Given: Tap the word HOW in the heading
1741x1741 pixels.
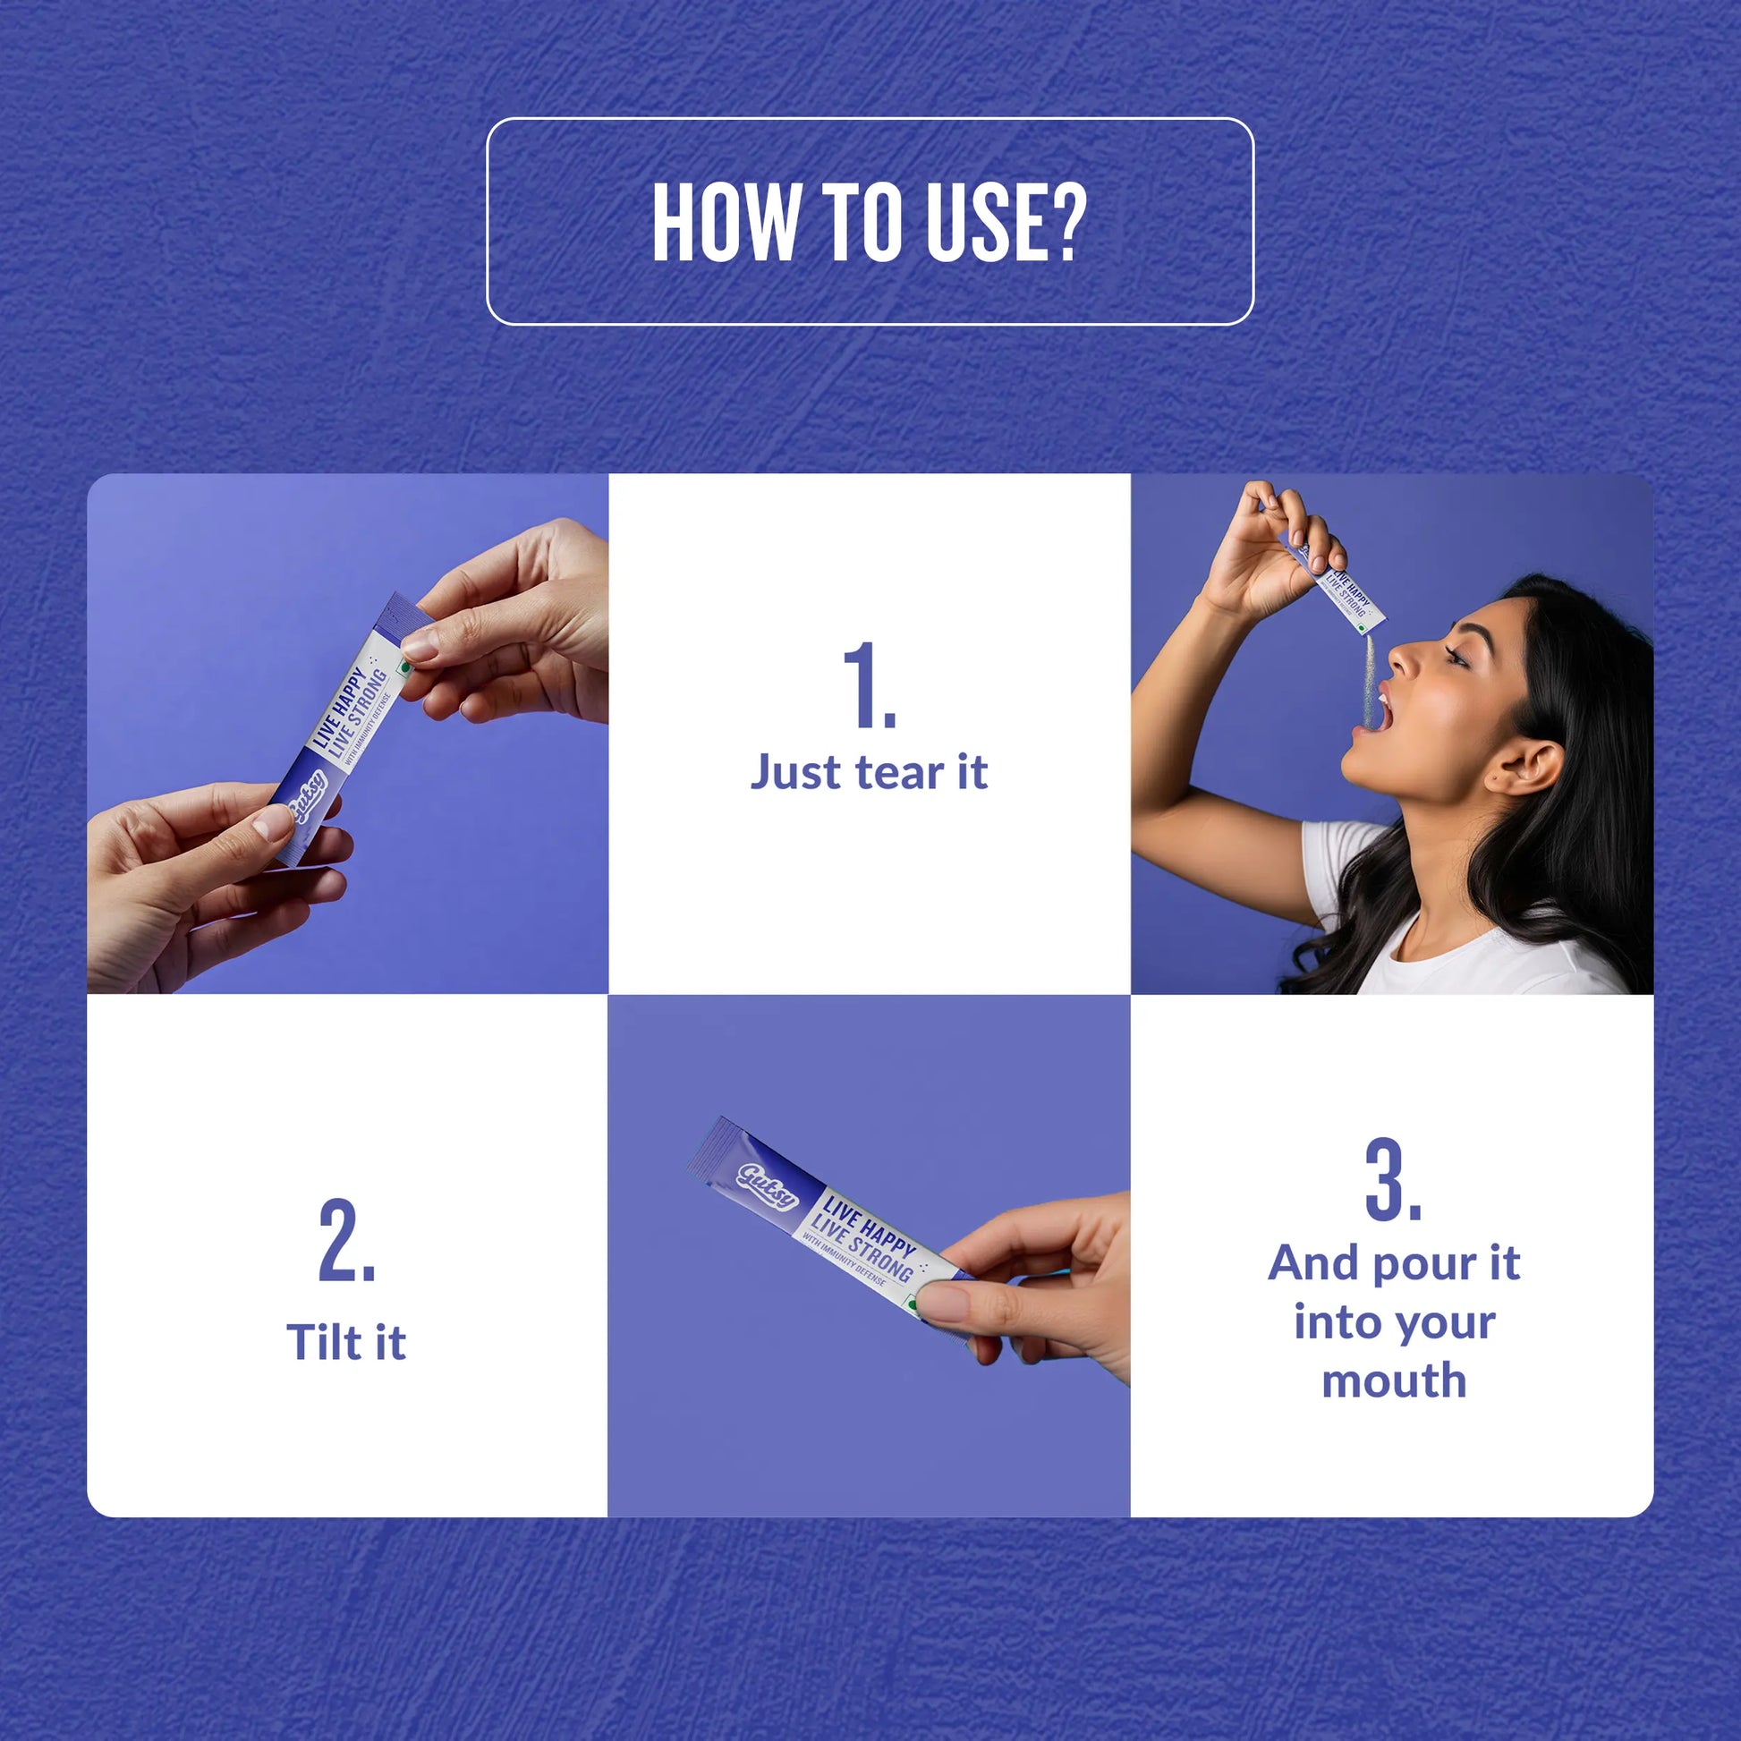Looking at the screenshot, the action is [726, 223].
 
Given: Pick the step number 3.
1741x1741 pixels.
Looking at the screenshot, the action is [1393, 1178].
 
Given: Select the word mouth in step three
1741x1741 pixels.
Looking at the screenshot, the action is [1394, 1380].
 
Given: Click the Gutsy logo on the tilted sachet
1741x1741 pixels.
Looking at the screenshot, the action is [768, 1185].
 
